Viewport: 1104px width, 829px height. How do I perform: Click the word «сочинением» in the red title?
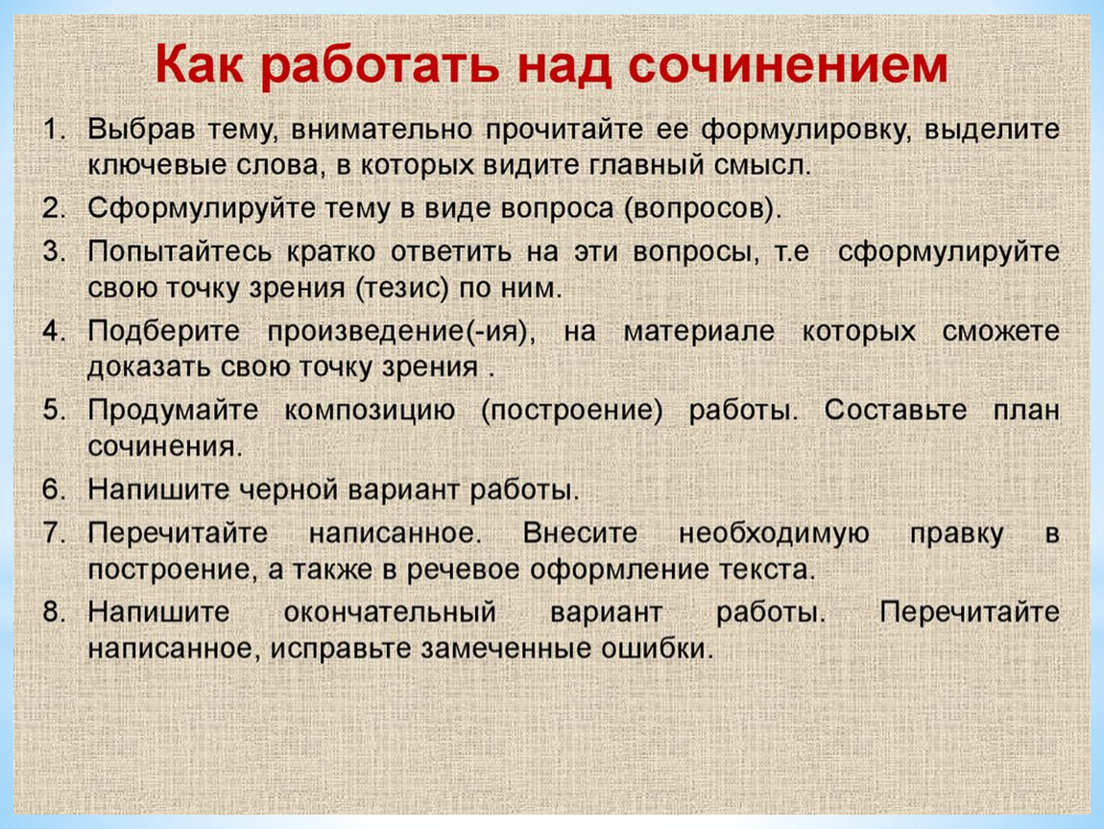787,64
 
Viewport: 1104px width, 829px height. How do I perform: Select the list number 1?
54,130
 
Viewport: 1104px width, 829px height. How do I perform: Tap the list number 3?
54,251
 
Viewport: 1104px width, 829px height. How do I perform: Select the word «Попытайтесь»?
180,251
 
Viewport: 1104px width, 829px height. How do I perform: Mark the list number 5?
54,410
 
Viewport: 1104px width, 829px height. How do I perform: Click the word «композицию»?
370,411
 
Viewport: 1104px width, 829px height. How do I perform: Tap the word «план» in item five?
1026,411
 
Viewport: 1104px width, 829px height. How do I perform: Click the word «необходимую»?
774,534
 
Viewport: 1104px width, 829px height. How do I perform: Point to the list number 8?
54,611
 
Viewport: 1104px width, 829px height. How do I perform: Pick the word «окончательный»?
390,611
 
